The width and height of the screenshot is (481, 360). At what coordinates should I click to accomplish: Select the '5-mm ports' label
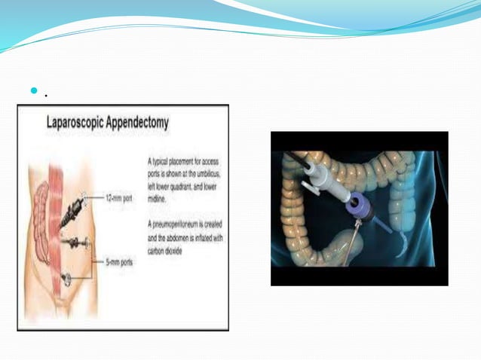pyautogui.click(x=120, y=261)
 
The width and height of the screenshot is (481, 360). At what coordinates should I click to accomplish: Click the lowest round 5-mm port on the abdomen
pyautogui.click(x=68, y=277)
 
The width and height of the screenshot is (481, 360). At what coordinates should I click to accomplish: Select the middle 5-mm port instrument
pyautogui.click(x=73, y=243)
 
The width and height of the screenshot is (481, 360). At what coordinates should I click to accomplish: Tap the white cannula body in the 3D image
pyautogui.click(x=316, y=178)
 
